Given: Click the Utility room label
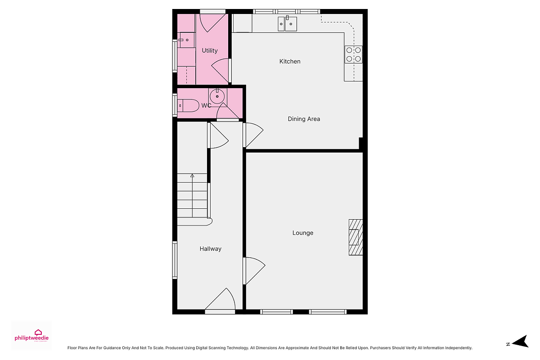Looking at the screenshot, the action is (x=210, y=51).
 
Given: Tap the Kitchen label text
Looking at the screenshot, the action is (x=290, y=62).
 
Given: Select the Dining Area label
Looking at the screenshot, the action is (x=304, y=119).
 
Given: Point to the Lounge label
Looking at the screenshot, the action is (x=303, y=233).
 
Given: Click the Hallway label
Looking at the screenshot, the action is (x=211, y=249).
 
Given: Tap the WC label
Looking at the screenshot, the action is (x=206, y=106).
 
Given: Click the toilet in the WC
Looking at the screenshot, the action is (x=188, y=106).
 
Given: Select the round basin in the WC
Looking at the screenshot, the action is (x=217, y=96).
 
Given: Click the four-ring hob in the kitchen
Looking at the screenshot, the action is (x=353, y=54).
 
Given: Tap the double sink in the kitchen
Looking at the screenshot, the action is (x=287, y=24).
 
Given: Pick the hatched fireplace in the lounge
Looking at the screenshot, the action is (x=355, y=237).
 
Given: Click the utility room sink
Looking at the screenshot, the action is (x=187, y=40).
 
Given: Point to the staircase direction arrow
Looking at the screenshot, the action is (x=192, y=196).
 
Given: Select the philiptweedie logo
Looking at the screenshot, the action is (x=31, y=336).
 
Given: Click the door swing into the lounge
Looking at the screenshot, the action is (x=255, y=271).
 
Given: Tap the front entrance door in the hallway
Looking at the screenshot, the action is (x=220, y=300).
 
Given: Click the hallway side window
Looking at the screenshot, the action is (x=175, y=260).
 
